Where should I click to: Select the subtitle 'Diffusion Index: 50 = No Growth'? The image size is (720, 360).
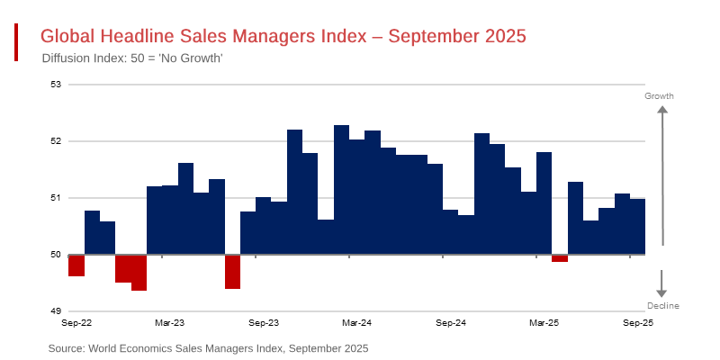coord(132,58)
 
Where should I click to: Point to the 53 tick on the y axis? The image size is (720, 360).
coord(55,85)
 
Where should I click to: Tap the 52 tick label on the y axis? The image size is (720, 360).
coord(55,141)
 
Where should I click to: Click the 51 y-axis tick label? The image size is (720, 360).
coord(55,198)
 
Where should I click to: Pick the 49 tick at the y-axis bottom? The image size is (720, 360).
coord(55,311)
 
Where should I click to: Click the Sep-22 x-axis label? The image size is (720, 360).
coord(76,321)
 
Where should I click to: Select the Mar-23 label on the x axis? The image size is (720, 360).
coord(170,321)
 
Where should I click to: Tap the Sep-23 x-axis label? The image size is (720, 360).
coord(264,321)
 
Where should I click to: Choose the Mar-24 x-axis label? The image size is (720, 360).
coord(357,321)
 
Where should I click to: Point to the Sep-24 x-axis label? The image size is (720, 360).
coord(451,321)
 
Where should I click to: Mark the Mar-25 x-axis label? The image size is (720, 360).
coord(544,321)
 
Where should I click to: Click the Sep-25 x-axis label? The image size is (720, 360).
coord(638,321)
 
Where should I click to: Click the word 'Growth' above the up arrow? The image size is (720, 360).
coord(660,95)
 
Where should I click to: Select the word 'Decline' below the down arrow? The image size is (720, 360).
coord(662,306)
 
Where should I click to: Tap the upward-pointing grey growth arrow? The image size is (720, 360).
coord(662,171)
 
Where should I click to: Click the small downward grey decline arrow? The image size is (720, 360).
coord(662,283)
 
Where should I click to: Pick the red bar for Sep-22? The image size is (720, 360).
coord(76,265)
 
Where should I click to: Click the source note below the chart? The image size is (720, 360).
coord(208,347)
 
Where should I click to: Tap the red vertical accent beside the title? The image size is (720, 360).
coord(16,42)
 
